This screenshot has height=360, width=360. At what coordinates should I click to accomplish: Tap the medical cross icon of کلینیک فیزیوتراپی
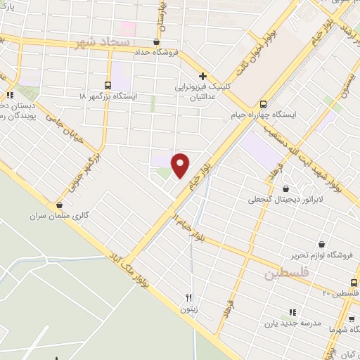tap(202, 75)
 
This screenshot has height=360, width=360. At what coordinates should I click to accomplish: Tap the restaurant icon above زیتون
tap(188, 297)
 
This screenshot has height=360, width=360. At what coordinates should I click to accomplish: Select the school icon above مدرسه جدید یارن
tap(292, 312)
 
